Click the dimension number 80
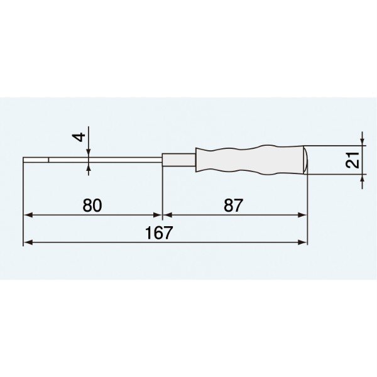click(92, 205)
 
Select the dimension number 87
click(233, 205)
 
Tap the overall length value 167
click(159, 233)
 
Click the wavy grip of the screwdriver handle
click(251, 161)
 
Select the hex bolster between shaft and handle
click(179, 161)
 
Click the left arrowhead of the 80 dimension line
click(28, 215)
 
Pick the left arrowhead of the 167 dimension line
click(28, 242)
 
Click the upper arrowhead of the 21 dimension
click(362, 142)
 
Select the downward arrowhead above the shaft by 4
click(89, 153)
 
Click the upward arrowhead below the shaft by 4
click(89, 168)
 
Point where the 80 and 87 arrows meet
click(163, 215)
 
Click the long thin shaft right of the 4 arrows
click(126, 161)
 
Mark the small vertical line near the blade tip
click(48, 161)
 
